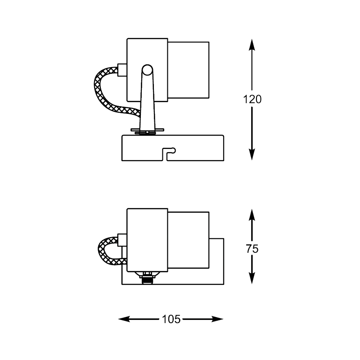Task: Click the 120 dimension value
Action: [x=252, y=99]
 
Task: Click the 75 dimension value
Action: [x=252, y=249]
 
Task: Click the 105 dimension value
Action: [x=171, y=319]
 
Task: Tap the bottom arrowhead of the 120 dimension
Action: [x=252, y=155]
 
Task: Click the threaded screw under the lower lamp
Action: [x=147, y=279]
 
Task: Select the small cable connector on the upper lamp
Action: [x=121, y=70]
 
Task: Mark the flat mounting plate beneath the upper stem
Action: [x=147, y=131]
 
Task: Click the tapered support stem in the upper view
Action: [x=147, y=103]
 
